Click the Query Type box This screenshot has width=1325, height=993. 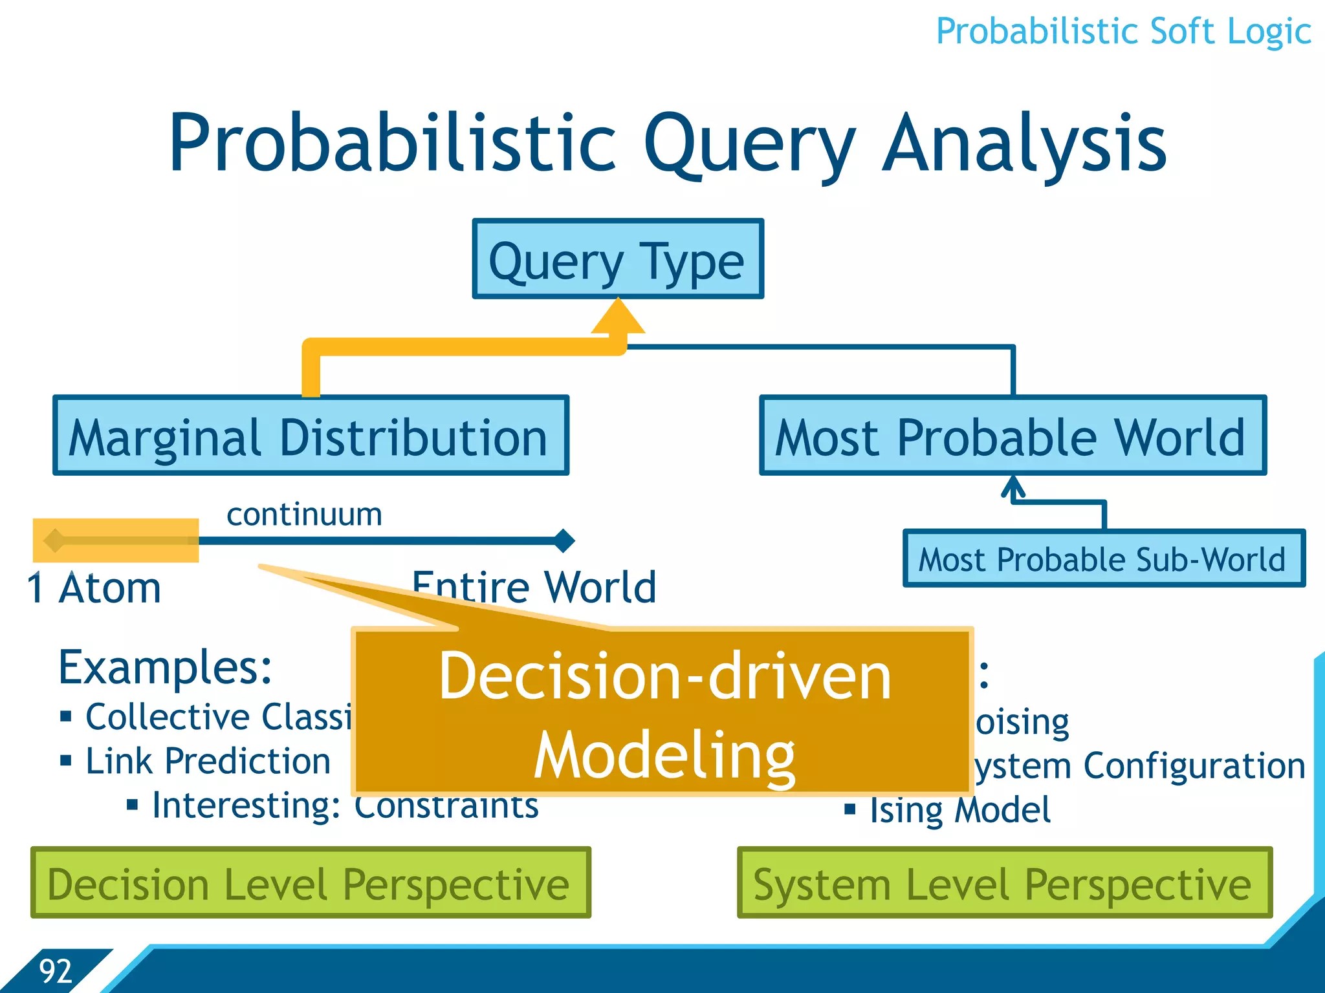click(618, 259)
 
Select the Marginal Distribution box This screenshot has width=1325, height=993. click(311, 436)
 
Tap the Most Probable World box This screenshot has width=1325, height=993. click(1013, 436)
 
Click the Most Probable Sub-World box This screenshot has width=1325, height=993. click(1104, 559)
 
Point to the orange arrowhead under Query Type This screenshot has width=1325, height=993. click(619, 317)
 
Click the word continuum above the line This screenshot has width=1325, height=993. click(304, 515)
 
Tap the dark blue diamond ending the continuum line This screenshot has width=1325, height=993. click(564, 540)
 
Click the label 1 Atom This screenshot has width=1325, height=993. click(94, 588)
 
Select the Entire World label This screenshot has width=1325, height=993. click(534, 587)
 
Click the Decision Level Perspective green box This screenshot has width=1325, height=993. click(311, 882)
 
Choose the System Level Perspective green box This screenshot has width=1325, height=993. click(1004, 882)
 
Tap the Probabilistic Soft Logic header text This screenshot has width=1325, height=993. click(1123, 31)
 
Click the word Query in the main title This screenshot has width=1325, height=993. click(750, 144)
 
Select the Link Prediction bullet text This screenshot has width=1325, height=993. click(208, 761)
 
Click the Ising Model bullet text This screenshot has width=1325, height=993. click(960, 809)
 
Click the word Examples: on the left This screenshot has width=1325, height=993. click(166, 667)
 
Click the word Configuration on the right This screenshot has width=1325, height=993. click(1194, 766)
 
